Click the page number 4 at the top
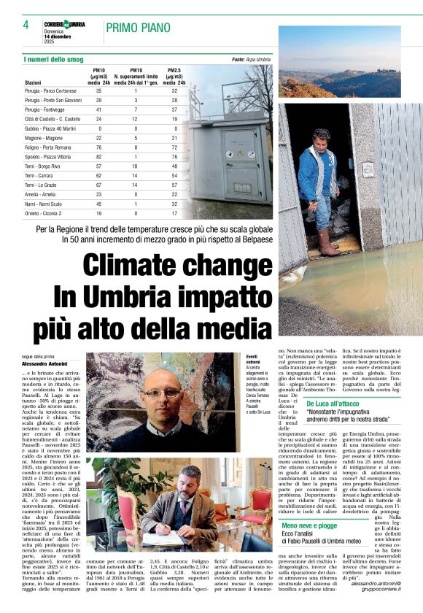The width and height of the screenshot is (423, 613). click(x=26, y=25)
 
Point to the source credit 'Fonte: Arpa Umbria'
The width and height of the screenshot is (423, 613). click(x=251, y=59)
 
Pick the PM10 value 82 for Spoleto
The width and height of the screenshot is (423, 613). click(x=99, y=157)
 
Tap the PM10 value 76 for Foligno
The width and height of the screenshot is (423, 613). click(x=99, y=147)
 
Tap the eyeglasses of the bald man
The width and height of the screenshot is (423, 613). click(x=159, y=395)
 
